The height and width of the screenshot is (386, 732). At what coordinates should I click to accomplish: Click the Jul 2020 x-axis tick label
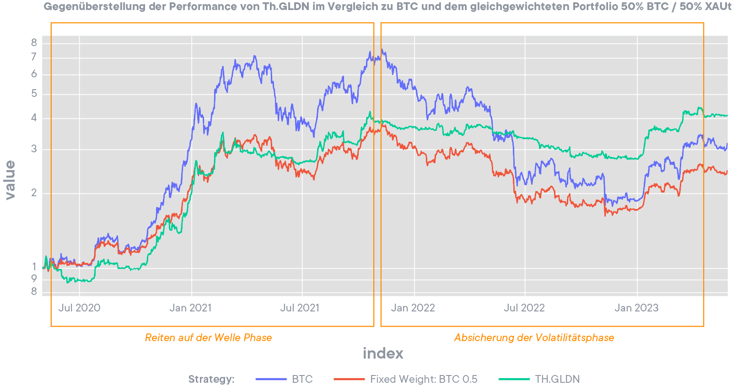click(x=79, y=308)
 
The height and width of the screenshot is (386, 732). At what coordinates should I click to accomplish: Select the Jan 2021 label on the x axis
click(x=190, y=308)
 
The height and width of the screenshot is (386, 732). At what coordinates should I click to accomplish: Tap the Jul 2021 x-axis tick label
click(x=300, y=308)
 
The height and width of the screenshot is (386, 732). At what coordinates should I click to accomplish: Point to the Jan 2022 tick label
click(x=413, y=308)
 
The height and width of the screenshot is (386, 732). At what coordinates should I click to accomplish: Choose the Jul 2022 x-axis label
click(x=524, y=308)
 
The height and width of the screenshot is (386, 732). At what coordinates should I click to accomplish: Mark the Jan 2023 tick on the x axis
click(x=636, y=308)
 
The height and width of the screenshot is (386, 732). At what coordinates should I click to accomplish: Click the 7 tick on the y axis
click(x=34, y=57)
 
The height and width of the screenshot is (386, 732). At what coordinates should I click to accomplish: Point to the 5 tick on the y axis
click(x=34, y=94)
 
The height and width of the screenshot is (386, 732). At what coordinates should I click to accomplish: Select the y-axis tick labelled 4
click(x=34, y=118)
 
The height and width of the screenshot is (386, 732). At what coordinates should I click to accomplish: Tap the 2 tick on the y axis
click(x=34, y=193)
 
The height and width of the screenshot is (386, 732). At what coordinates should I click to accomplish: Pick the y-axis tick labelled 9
click(x=34, y=279)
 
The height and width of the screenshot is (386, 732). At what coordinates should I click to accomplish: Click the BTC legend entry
click(x=302, y=379)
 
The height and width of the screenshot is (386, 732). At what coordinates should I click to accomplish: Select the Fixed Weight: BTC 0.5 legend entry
click(x=424, y=379)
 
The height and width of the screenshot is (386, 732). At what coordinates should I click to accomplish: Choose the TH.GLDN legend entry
click(x=557, y=379)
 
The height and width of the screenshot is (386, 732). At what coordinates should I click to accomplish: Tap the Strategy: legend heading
click(x=211, y=379)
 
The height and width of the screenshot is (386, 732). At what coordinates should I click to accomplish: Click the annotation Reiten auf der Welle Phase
click(x=208, y=338)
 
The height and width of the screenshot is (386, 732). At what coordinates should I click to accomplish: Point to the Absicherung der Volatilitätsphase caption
click(x=534, y=338)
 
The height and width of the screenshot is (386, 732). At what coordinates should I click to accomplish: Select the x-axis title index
click(x=383, y=353)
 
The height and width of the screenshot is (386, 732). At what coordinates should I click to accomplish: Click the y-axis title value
click(x=10, y=180)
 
